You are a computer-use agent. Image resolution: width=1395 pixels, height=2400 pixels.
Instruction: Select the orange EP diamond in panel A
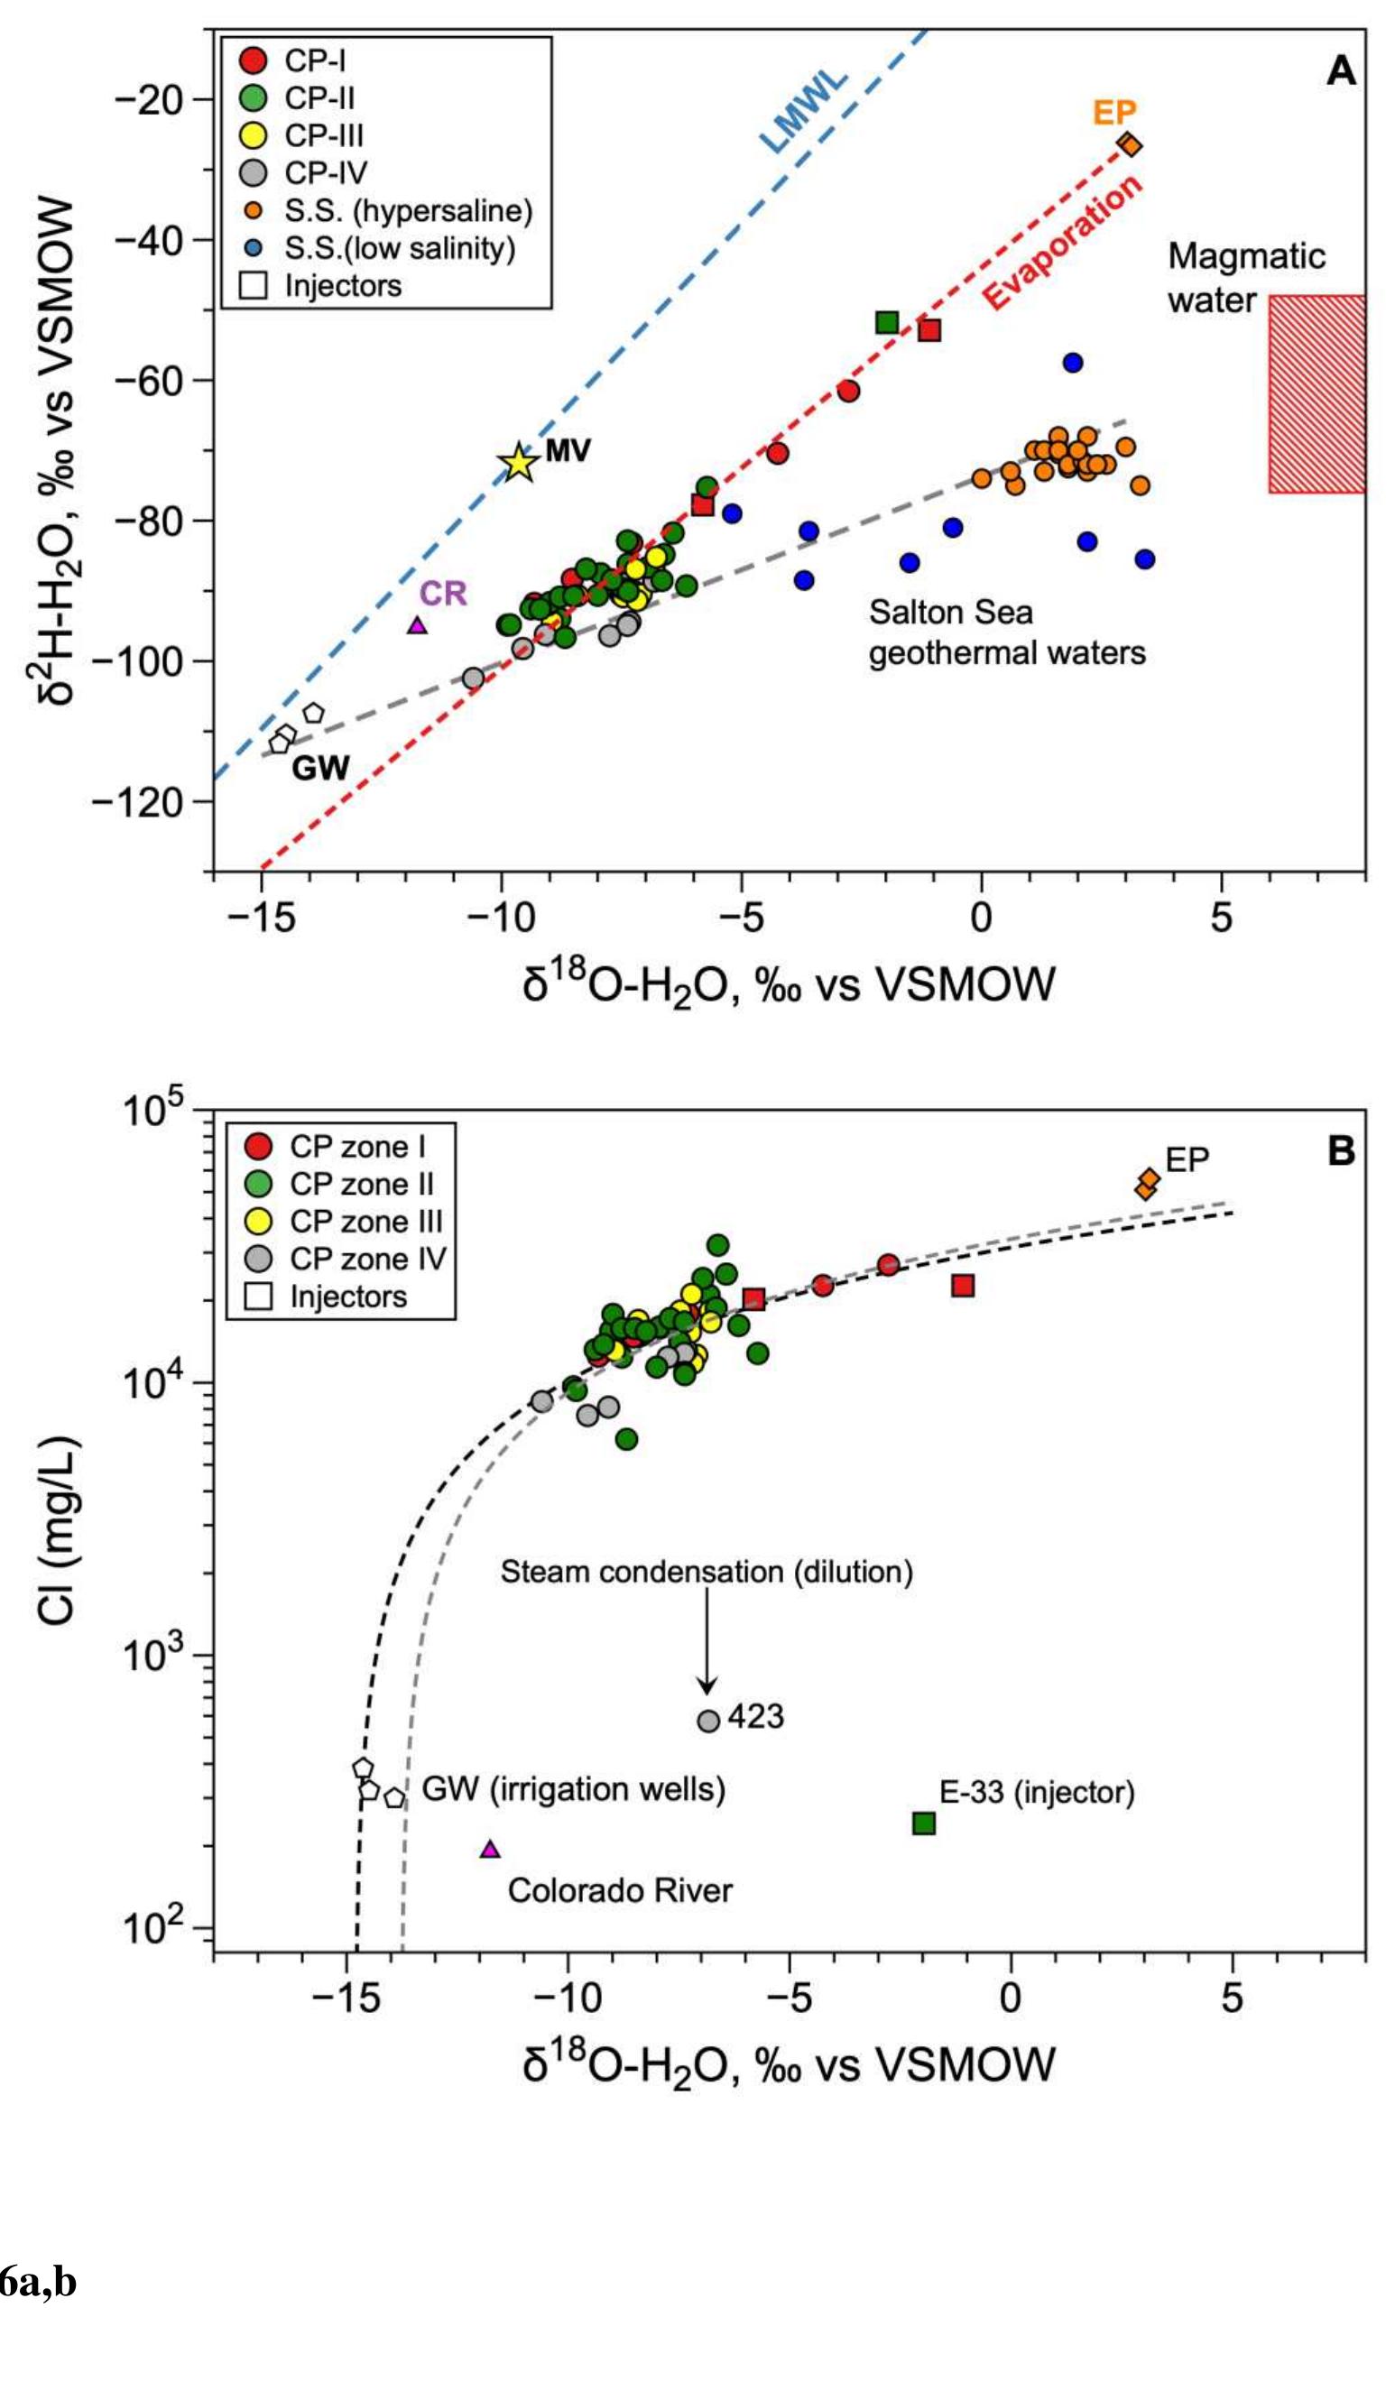1130,144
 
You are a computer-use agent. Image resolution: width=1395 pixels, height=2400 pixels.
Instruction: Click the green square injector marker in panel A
886,322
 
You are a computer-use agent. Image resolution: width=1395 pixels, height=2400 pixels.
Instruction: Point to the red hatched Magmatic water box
1316,393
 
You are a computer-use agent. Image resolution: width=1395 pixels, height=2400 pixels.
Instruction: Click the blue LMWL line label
804,113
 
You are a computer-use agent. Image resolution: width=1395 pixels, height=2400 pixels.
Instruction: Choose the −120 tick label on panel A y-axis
150,802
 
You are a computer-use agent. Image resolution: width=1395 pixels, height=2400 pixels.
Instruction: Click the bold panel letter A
1341,71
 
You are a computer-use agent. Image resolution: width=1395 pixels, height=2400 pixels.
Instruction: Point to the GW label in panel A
320,768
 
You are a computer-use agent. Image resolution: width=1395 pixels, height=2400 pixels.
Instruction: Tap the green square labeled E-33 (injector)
924,1823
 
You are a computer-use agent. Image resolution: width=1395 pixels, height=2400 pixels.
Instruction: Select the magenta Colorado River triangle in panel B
489,1850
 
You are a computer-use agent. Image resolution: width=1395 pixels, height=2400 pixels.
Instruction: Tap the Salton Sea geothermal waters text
1006,632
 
